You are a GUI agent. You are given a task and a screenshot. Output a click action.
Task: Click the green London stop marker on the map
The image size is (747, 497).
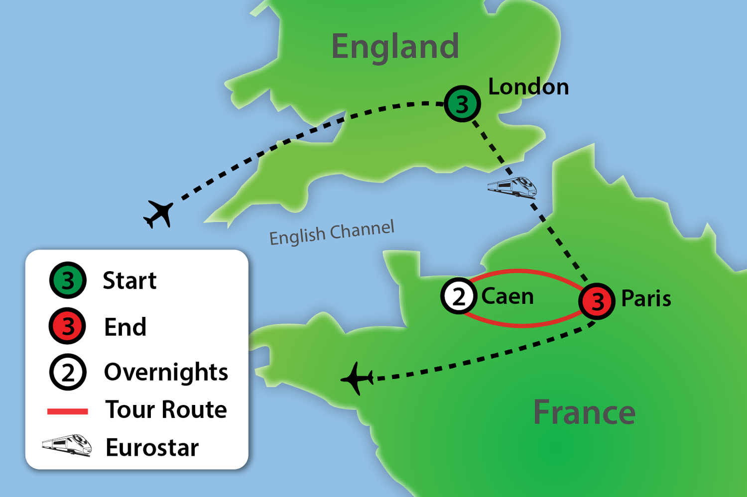coord(462,104)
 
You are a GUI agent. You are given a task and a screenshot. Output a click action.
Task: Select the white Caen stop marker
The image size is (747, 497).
coord(458,297)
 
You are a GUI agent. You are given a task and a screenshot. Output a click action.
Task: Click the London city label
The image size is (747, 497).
coord(528,87)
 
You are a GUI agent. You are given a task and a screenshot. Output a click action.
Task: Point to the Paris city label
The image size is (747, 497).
coord(646,299)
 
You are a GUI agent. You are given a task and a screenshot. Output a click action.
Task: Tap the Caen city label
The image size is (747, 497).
coord(507,297)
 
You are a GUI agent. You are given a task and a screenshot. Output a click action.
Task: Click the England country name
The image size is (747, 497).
coord(395,47)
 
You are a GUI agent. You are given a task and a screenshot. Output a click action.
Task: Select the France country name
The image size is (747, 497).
coord(584,412)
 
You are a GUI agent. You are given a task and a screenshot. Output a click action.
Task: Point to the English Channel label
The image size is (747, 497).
coord(332,232)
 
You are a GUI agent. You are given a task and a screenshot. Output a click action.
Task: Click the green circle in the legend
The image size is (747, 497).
coord(68,281)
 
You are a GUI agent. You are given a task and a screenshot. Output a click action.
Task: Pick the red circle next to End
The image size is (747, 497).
coord(68,326)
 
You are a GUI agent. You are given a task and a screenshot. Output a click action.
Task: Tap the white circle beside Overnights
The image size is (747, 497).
coord(68,372)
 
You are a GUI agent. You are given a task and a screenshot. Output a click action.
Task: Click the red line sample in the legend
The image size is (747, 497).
coord(67,411)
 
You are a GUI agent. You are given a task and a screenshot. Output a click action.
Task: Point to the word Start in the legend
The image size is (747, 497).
coord(129,281)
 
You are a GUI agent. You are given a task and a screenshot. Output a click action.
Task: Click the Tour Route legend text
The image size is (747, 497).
coord(166,410)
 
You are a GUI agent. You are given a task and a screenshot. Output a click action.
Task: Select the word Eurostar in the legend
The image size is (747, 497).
coord(152,447)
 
